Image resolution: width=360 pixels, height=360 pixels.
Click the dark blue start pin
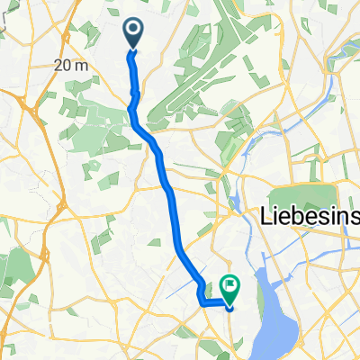(132, 33)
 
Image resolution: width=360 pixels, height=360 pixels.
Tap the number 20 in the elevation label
(61, 65)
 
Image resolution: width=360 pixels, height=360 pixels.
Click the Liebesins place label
(306, 217)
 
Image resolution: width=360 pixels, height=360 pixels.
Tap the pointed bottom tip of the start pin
(132, 49)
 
